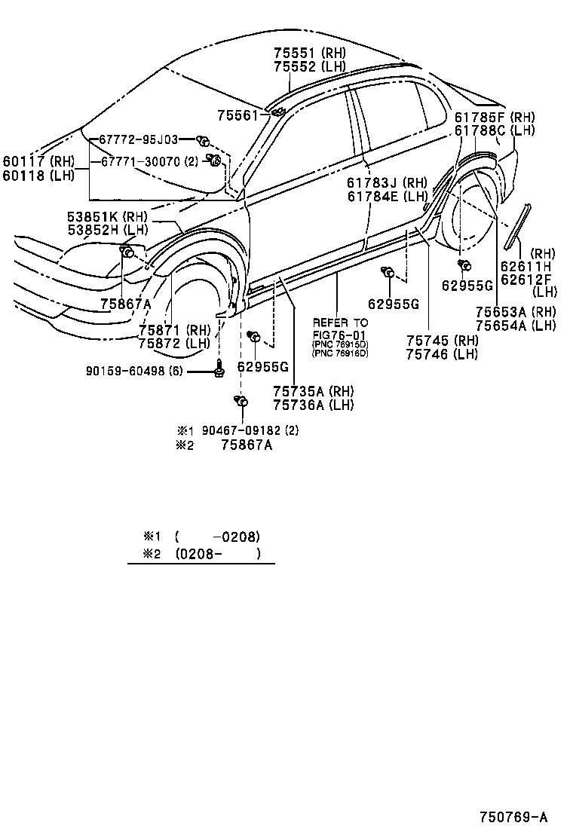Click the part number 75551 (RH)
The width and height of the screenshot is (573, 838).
[309, 53]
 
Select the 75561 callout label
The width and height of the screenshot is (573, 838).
[237, 115]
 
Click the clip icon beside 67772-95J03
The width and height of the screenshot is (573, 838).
[202, 140]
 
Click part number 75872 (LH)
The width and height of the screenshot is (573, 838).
[174, 343]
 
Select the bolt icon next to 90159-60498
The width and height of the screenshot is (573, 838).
[219, 370]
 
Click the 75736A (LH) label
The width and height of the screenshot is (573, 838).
[313, 405]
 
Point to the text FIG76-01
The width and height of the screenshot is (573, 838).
[340, 334]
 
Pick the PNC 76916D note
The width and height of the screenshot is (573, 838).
[340, 353]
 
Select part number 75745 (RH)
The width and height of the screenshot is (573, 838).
[442, 341]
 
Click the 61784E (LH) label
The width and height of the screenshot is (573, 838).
[388, 197]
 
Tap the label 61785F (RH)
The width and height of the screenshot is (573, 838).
[495, 117]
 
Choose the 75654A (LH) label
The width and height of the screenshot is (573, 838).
[516, 325]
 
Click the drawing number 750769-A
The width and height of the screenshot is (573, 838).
[513, 817]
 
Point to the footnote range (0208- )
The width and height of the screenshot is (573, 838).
[217, 554]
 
